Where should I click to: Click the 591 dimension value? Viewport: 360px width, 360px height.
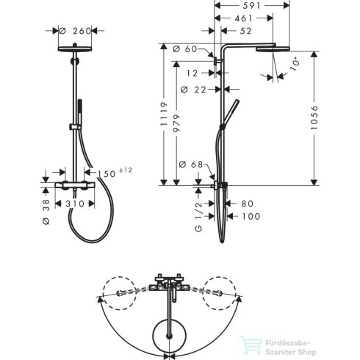(251, 6)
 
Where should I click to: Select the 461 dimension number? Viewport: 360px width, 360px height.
(243, 18)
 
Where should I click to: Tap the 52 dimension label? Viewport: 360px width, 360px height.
(245, 31)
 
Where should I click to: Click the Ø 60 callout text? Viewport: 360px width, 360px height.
(185, 49)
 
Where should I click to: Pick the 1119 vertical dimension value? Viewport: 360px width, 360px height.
(164, 114)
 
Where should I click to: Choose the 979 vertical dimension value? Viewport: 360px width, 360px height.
(176, 123)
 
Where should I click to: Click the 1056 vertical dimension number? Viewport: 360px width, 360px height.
(314, 118)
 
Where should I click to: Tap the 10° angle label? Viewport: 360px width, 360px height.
(295, 63)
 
